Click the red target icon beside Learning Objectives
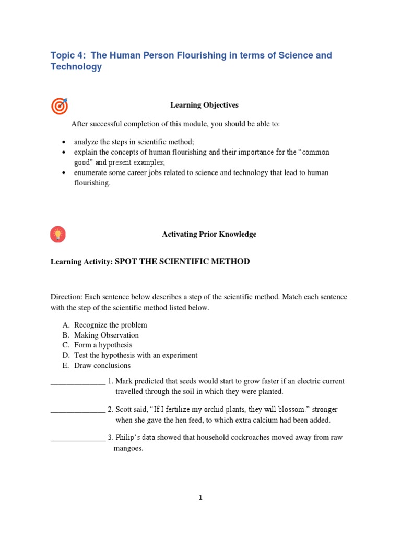[59, 106]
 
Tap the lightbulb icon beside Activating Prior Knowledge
[58, 235]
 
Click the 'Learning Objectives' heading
[204, 105]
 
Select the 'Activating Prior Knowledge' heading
[209, 235]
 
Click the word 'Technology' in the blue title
[76, 67]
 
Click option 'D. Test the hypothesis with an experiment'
[129, 355]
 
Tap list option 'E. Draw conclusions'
[97, 365]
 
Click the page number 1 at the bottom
[200, 498]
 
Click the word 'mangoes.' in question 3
[128, 448]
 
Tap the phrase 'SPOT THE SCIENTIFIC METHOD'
[182, 262]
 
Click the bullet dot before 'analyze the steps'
[63, 142]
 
